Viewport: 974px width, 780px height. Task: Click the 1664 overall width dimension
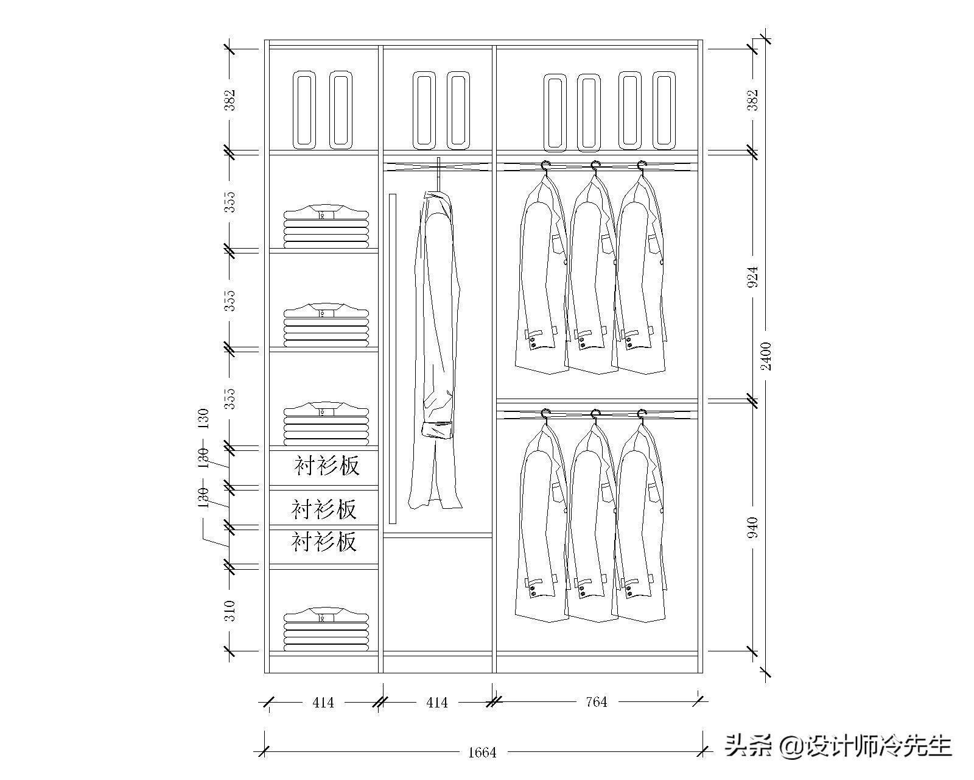point(482,753)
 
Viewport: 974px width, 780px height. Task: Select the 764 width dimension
point(596,702)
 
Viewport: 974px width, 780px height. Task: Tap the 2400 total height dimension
point(766,356)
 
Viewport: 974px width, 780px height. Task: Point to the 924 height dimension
point(753,277)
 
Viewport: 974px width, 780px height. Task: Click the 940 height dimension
point(753,527)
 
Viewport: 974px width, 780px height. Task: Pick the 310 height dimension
point(229,610)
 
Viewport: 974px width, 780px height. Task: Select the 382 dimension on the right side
point(753,100)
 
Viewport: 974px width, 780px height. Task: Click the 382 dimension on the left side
point(229,100)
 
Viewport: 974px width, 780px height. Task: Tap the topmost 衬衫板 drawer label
point(327,466)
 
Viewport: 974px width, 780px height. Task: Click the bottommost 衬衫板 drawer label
point(324,541)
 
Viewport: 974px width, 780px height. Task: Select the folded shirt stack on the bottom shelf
point(326,628)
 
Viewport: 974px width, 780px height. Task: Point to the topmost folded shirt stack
point(326,226)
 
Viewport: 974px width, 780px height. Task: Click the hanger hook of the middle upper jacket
point(595,165)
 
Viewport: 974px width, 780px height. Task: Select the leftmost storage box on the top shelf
point(304,110)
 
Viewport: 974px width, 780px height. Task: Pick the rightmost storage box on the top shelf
point(664,110)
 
